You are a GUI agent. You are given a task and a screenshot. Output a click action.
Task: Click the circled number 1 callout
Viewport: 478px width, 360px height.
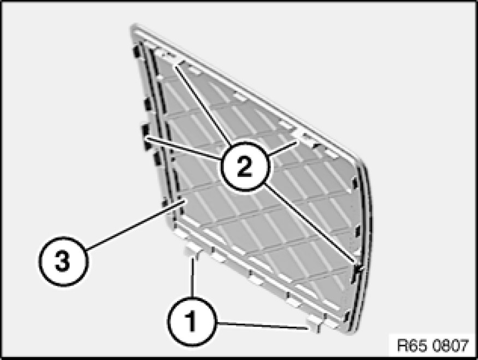[191, 322]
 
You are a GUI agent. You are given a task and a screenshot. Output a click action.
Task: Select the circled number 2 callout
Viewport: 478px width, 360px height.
[245, 167]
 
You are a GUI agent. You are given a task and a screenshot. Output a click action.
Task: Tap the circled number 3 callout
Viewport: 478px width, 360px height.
[63, 261]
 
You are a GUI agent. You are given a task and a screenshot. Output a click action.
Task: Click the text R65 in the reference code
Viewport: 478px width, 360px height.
[409, 346]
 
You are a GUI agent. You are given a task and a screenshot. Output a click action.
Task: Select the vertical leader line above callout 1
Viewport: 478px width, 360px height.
[192, 278]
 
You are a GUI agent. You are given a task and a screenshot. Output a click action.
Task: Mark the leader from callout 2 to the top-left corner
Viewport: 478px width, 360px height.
[202, 104]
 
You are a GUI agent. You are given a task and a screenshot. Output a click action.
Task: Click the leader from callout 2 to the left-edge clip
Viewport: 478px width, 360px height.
[183, 149]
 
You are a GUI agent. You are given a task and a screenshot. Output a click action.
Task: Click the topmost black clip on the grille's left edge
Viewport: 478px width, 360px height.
[137, 51]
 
